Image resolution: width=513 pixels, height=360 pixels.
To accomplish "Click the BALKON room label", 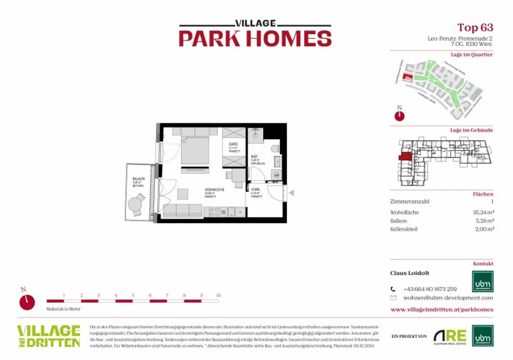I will point(138,179).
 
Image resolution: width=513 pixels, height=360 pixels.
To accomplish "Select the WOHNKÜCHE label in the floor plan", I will point(213,190).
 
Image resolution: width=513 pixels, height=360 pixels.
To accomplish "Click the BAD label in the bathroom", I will point(254,156).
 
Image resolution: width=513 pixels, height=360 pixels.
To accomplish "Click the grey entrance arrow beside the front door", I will point(291,192).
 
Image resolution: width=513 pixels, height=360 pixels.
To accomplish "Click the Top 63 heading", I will point(475,27).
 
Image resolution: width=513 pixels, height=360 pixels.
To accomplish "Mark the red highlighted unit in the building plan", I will point(405,156).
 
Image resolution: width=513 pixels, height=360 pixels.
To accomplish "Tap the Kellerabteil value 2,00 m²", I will point(484,229).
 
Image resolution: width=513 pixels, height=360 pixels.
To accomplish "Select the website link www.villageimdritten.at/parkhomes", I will point(441,309).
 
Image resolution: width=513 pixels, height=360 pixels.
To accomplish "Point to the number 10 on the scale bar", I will point(218,295).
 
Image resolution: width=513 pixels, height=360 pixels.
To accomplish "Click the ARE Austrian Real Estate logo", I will point(450,336).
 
